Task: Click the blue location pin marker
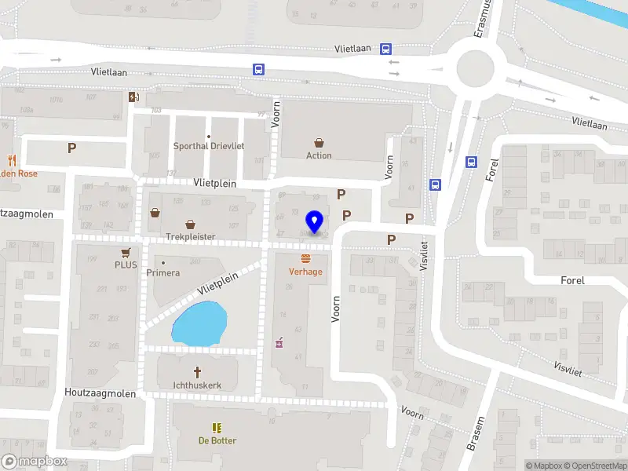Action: (315, 222)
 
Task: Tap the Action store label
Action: (319, 155)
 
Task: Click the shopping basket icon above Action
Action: (319, 143)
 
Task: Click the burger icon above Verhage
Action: (305, 259)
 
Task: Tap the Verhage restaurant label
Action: (305, 272)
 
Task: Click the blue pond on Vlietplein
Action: (199, 324)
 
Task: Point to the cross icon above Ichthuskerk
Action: (198, 372)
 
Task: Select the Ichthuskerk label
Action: (197, 385)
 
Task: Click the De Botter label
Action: (217, 440)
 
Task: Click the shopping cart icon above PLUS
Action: (126, 253)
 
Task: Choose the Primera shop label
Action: (163, 273)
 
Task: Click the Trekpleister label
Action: (190, 236)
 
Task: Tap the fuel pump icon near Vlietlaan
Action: (133, 97)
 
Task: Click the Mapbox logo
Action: (35, 462)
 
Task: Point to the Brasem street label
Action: (476, 434)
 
